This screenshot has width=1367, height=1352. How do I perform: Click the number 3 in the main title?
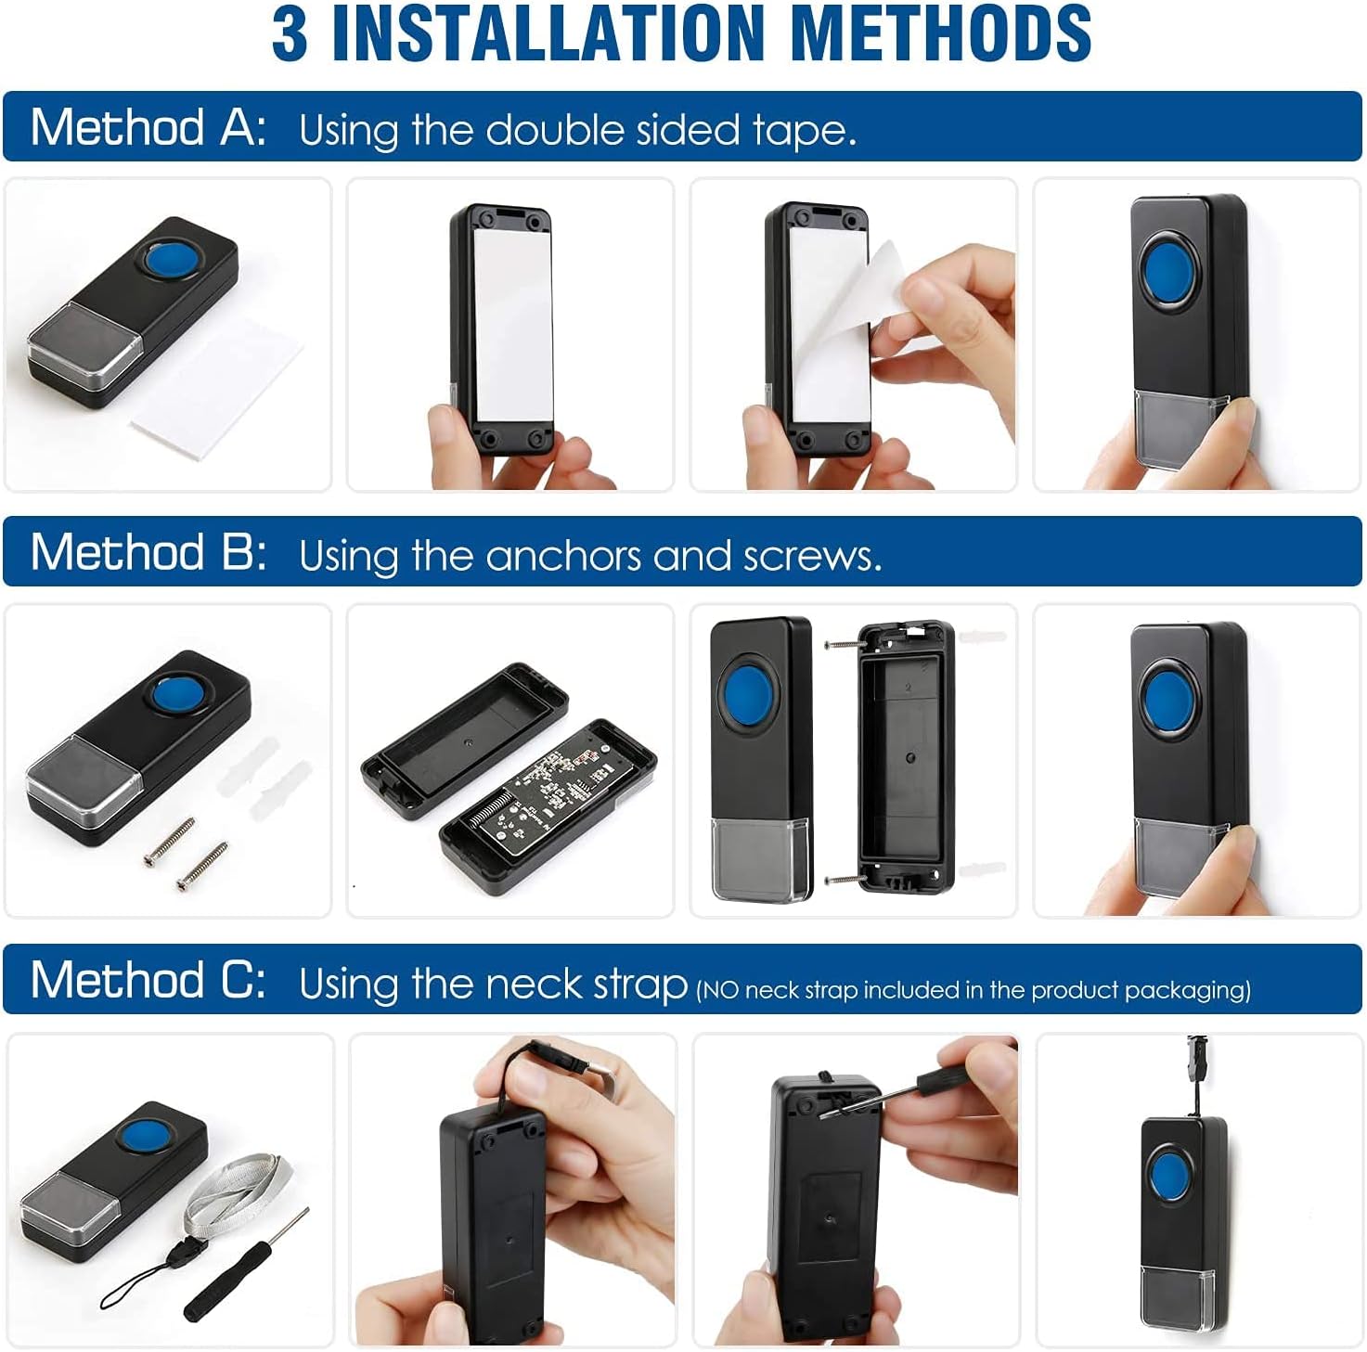click(290, 33)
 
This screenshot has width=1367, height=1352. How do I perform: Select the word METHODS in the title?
click(944, 33)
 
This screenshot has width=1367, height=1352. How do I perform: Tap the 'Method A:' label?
click(148, 127)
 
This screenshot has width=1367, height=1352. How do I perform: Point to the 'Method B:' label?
click(148, 552)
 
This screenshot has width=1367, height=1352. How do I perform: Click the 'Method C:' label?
click(148, 980)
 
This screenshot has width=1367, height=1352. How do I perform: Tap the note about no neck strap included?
click(973, 989)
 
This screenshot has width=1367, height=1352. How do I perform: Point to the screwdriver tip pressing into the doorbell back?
click(829, 1110)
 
